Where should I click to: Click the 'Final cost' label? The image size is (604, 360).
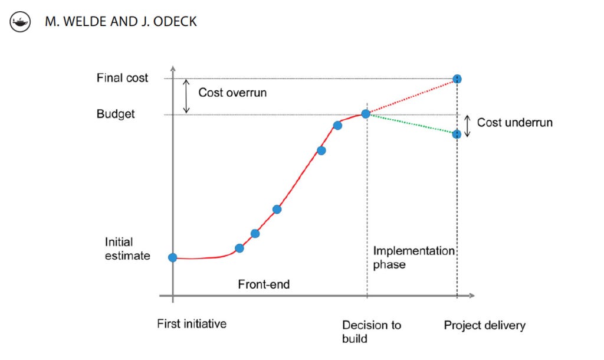(122, 78)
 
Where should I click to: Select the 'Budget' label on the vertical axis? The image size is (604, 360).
(116, 114)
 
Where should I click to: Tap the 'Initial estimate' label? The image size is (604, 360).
(127, 248)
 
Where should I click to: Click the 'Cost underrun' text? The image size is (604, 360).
(514, 122)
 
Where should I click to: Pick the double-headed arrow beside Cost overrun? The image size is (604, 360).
(186, 96)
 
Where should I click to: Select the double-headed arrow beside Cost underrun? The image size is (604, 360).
(467, 126)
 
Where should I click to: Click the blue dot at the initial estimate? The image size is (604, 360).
(172, 257)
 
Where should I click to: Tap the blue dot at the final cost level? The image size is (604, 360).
(457, 78)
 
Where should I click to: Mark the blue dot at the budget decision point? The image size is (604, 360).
(366, 114)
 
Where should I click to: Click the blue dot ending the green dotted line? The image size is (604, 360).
(457, 134)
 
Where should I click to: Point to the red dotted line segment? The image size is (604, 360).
(411, 96)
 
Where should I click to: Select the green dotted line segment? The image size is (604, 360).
(411, 124)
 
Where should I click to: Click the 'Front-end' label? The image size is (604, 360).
(264, 284)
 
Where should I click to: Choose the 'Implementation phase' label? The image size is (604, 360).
(413, 257)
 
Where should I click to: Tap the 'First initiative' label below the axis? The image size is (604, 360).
(192, 324)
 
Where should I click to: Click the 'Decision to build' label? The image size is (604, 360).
(371, 331)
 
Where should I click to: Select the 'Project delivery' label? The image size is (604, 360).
(484, 325)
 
